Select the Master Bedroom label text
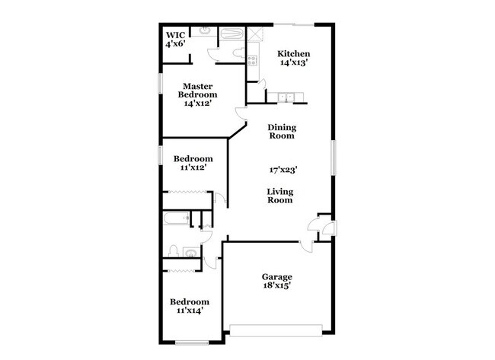[197, 95]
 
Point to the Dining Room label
[282, 132]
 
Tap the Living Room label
[279, 196]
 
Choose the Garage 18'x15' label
[277, 281]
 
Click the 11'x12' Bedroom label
[193, 163]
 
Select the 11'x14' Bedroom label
[190, 305]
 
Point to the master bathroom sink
[205, 31]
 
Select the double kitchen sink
[287, 97]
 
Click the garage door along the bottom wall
[279, 330]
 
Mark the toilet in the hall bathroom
[174, 251]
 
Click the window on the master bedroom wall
[159, 83]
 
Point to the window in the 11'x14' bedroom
[191, 342]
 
